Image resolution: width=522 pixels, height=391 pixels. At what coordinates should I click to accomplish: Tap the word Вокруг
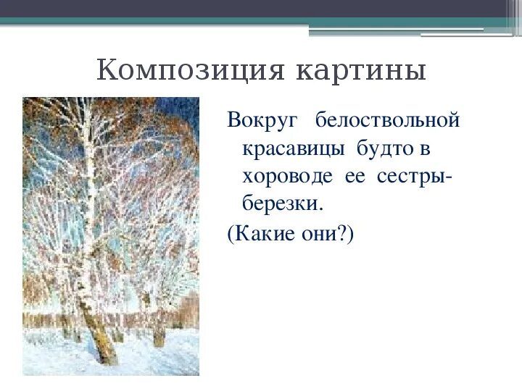pos(258,119)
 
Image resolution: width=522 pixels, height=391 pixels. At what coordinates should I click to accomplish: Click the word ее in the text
pos(355,177)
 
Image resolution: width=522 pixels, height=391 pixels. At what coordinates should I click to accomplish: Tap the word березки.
pos(281,205)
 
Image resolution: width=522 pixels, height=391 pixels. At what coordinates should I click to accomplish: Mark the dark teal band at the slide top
pos(261,22)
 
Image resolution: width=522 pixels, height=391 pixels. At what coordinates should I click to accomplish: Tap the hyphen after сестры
pos(451,178)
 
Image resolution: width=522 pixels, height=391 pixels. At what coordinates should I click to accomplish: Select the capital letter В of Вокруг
pos(233,119)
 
